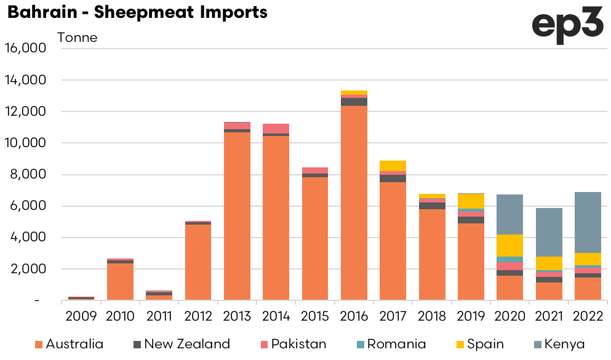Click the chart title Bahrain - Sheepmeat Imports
pos(137,12)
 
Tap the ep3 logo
pos(567,26)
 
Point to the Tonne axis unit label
pos(77,38)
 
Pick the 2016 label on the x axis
pos(353,316)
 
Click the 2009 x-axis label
pos(81,316)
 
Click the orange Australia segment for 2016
pos(353,203)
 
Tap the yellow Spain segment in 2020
pos(509,246)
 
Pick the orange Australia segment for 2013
pos(237,216)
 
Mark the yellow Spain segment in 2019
pos(470,201)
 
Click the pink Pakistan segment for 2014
pos(276,128)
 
